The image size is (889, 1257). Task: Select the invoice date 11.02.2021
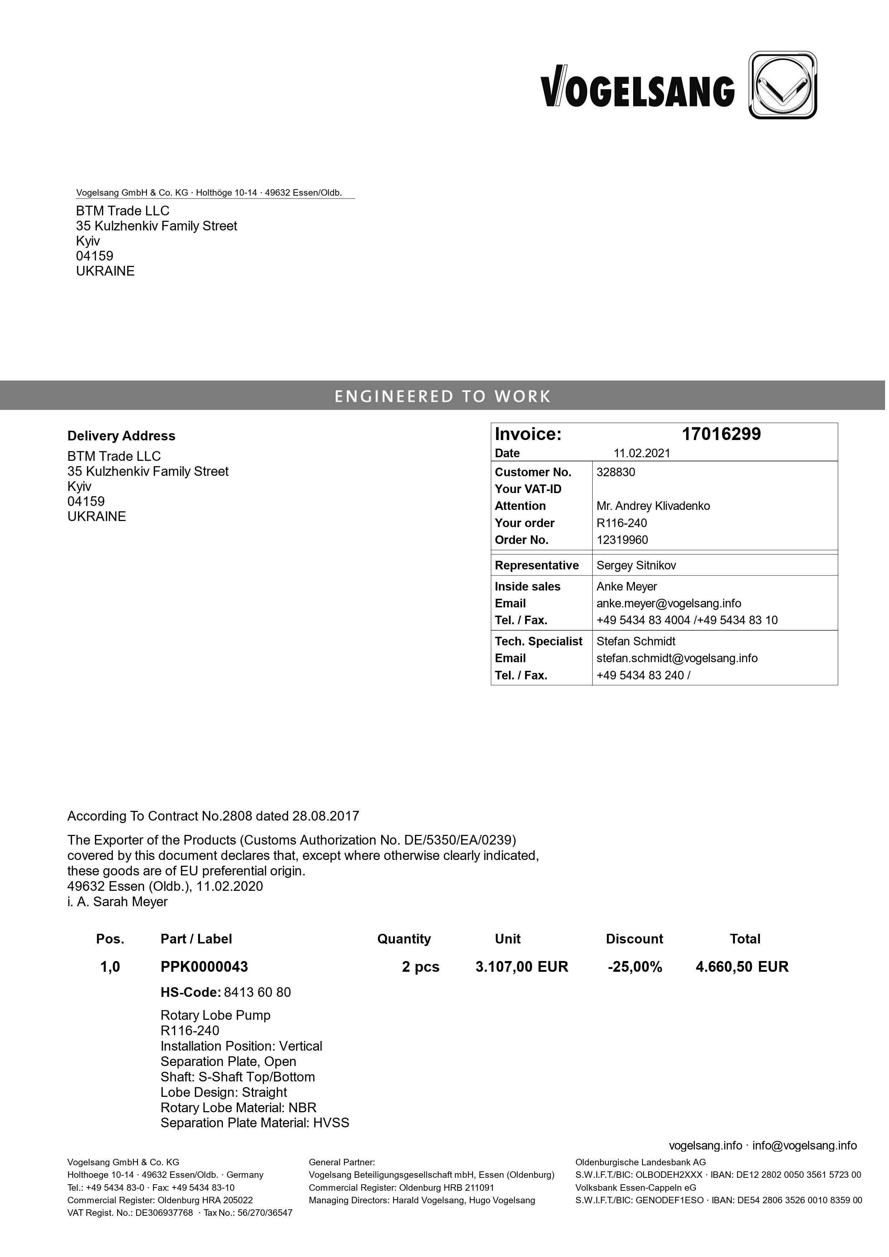[x=641, y=453]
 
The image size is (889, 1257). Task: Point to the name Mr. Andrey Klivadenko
[x=653, y=506]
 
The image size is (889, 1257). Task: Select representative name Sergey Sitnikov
[x=636, y=565]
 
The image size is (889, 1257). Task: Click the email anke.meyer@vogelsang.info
[x=668, y=604]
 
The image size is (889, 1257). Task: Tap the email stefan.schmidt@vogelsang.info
[x=677, y=659]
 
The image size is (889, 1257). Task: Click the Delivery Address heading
[x=121, y=436]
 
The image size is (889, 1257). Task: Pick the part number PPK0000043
[x=204, y=967]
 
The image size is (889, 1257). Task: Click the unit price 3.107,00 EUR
[x=522, y=967]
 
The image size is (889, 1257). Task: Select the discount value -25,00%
[x=635, y=967]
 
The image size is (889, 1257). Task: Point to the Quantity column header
[x=404, y=939]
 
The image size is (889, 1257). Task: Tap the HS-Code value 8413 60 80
[x=257, y=993]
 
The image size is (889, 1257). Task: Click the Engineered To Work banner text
[x=442, y=396]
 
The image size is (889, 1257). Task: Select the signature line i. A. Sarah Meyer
[x=117, y=902]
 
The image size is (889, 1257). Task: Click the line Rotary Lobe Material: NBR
[x=238, y=1108]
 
